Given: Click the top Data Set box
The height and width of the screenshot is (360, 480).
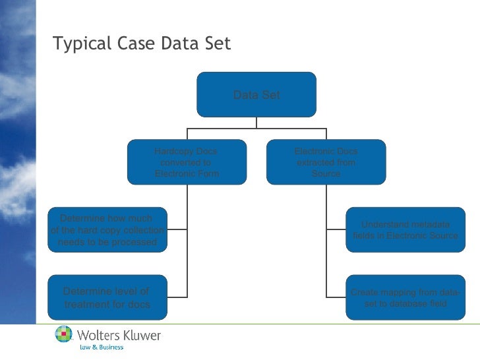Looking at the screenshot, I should tap(256, 94).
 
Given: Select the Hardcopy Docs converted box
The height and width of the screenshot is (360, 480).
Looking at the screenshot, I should tap(187, 162).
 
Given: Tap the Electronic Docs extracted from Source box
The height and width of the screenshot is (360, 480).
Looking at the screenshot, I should tap(326, 162).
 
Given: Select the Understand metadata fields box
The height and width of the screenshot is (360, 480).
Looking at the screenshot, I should tap(405, 230).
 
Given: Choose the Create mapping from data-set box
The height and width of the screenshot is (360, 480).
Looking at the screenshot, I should tap(405, 297).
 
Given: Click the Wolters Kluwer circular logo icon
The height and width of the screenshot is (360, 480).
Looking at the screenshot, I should tap(64, 336).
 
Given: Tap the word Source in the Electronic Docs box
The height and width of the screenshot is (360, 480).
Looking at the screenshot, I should tap(326, 173).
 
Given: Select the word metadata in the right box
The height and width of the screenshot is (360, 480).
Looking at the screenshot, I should tap(429, 225).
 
